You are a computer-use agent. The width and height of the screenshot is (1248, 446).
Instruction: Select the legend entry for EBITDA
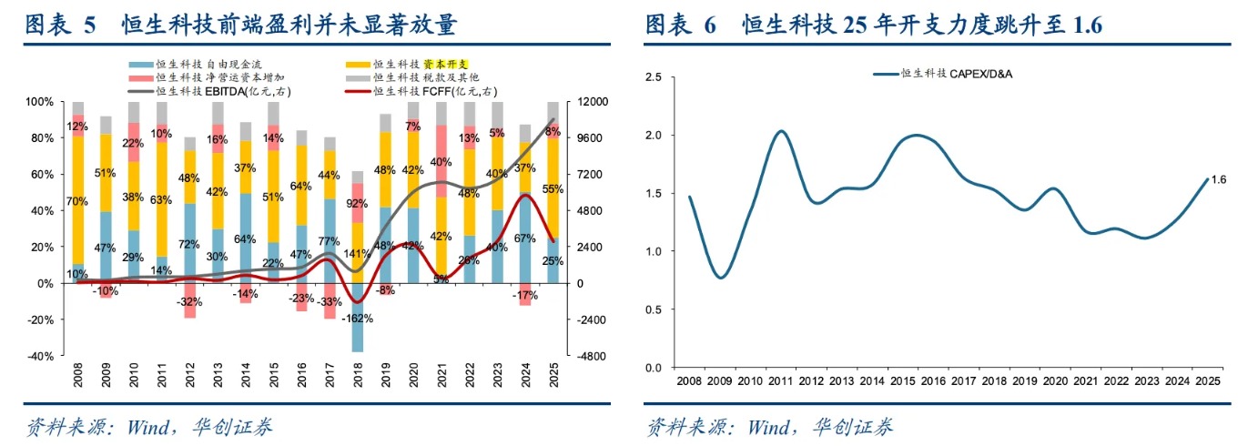pos(209,91)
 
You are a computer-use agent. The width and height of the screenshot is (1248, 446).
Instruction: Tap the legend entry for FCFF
pos(421,91)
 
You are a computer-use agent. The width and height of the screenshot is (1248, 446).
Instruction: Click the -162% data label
pos(357,319)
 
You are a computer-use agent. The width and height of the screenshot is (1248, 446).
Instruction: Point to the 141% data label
pos(357,254)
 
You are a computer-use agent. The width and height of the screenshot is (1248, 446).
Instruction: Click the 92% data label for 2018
pos(357,204)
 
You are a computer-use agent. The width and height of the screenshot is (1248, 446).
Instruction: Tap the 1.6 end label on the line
pos(1219,179)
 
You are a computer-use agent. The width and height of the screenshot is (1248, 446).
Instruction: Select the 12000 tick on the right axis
pos(592,102)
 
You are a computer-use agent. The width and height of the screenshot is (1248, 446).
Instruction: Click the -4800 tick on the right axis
pos(592,357)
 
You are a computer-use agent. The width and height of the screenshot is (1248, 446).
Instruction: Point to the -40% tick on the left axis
pos(41,357)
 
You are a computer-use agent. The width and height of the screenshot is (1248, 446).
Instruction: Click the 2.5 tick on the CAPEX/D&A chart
pos(654,76)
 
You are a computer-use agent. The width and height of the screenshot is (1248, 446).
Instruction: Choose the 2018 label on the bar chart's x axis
pos(358,375)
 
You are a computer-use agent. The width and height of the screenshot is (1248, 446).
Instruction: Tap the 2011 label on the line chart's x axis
pos(780,380)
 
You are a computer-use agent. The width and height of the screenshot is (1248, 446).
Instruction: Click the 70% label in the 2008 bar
pos(77,201)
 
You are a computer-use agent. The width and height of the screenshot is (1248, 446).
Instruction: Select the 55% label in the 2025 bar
pos(553,188)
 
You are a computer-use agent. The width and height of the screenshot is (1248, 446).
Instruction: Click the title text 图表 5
pos(60,25)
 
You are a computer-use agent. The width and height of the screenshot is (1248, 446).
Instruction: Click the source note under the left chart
pos(149,427)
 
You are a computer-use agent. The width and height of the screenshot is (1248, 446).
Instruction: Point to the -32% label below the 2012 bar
pos(189,302)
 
